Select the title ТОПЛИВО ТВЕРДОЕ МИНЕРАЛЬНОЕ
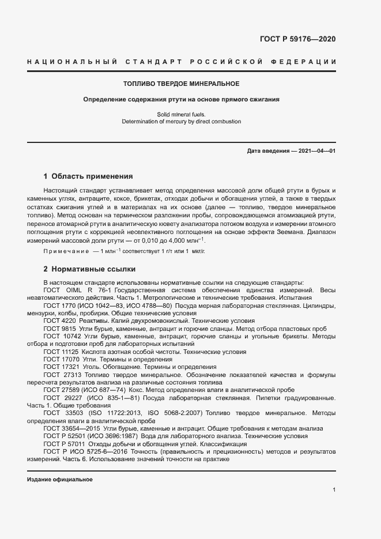click(x=182, y=84)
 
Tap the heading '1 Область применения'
click(x=88, y=176)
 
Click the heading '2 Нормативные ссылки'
click(x=88, y=269)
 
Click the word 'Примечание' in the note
click(x=63, y=252)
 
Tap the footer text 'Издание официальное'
click(x=60, y=480)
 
